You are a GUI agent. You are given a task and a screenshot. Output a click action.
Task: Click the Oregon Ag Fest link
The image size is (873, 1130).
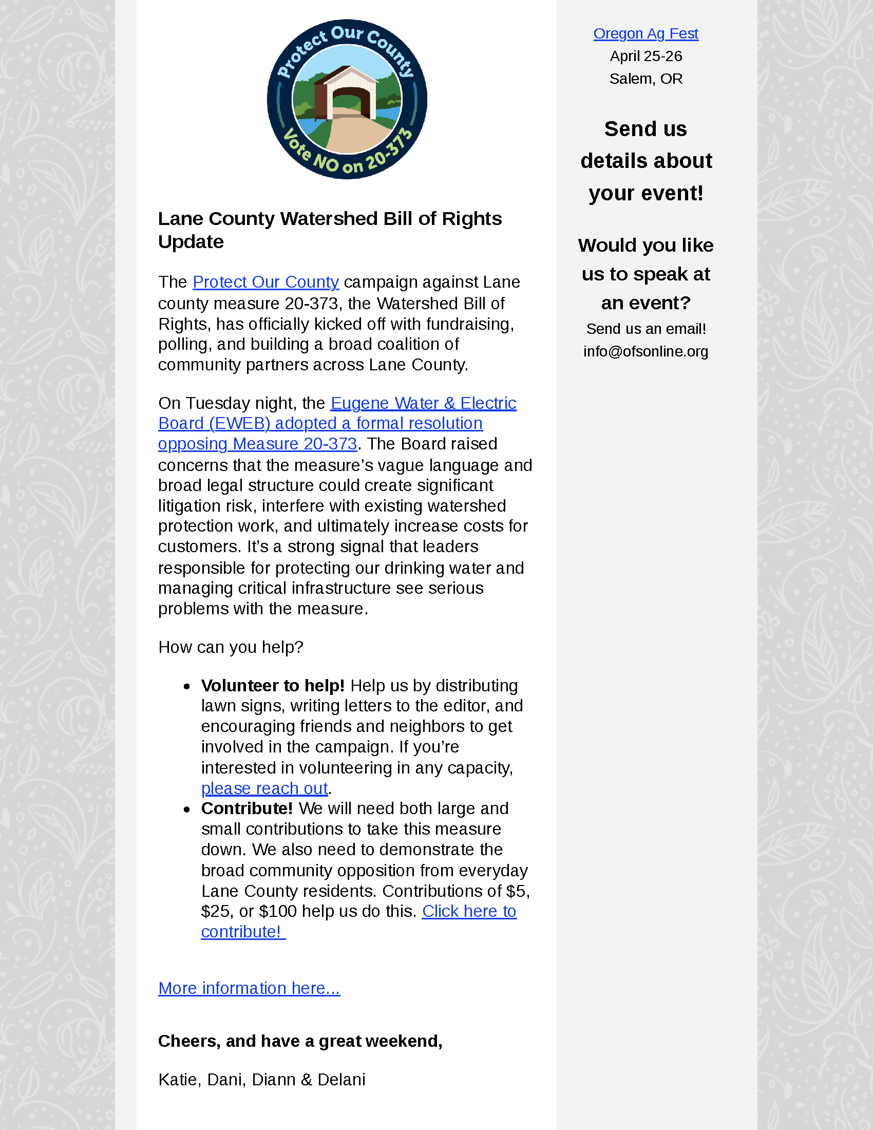646,33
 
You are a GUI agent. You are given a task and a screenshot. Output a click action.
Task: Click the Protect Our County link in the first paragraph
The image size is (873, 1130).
265,282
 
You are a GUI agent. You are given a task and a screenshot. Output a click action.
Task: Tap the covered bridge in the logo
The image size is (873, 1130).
347,93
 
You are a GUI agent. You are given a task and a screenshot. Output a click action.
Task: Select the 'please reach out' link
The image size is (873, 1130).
264,788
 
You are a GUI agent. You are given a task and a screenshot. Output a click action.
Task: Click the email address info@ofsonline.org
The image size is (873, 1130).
646,351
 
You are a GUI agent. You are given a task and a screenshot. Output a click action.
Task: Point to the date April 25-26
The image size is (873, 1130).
646,56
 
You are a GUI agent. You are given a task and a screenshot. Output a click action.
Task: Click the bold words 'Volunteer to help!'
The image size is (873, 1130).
273,686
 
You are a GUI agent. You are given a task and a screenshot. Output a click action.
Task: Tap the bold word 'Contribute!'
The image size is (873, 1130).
246,808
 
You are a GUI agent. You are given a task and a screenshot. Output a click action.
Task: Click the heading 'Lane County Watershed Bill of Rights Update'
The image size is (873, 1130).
330,230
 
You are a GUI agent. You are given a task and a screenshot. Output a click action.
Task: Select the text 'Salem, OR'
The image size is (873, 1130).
646,79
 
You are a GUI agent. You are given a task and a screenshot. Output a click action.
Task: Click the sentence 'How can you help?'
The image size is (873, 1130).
231,647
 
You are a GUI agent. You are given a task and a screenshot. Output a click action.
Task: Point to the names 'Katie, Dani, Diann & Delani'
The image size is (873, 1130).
262,1079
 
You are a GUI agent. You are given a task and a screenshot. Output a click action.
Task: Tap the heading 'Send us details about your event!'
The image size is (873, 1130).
646,161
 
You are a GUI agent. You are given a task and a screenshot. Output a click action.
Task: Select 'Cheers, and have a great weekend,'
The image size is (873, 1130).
300,1041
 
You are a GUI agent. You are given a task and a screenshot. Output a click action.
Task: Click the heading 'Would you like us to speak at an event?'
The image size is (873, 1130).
646,274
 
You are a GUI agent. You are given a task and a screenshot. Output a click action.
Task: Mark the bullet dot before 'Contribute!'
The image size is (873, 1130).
187,809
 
